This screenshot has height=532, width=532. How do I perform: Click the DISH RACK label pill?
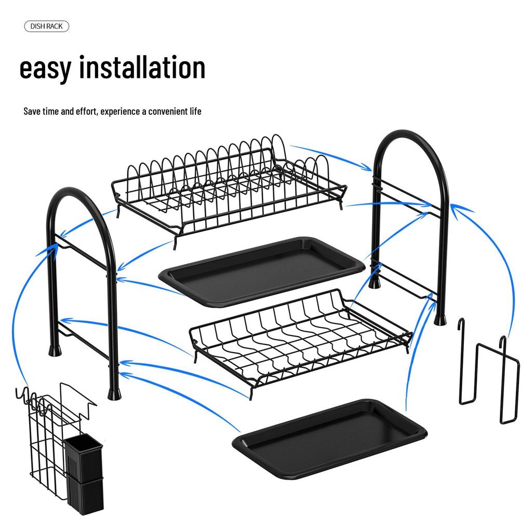[46, 26]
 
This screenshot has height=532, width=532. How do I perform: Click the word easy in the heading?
[45, 69]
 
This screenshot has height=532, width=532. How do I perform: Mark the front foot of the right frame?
[441, 317]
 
